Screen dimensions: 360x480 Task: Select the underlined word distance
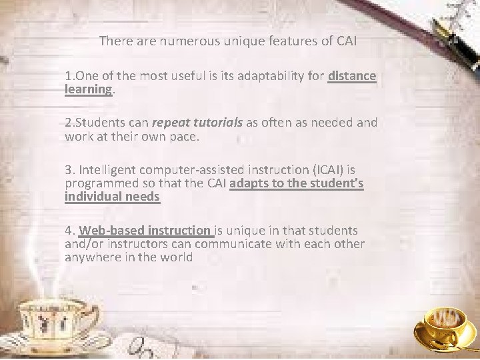pyautogui.click(x=352, y=76)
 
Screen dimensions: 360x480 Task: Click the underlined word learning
pyautogui.click(x=88, y=89)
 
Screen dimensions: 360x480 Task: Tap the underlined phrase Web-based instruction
pyautogui.click(x=144, y=230)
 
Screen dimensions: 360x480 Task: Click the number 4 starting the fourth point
pyautogui.click(x=69, y=230)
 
